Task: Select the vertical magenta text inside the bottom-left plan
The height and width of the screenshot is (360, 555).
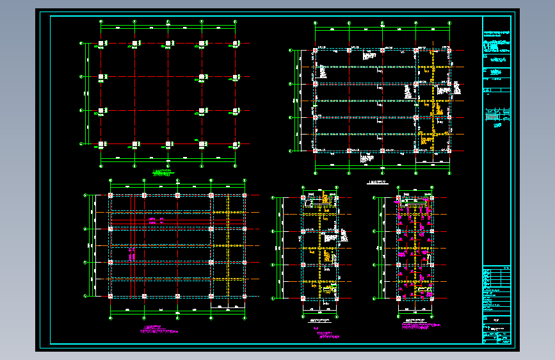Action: click(x=133, y=254)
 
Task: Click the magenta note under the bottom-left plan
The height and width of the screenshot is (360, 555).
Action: click(x=159, y=331)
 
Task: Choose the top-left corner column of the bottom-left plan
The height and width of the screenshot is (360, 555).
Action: click(x=111, y=195)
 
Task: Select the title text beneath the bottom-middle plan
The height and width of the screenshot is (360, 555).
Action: click(x=319, y=321)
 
